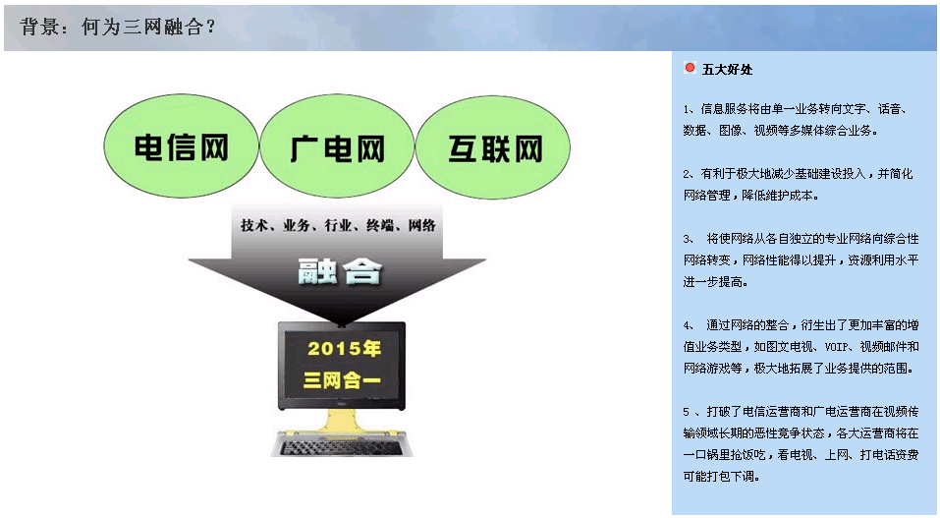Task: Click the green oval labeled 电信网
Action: (x=181, y=145)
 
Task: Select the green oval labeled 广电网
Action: (x=337, y=146)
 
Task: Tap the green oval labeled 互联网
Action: (x=493, y=147)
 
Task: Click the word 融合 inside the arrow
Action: (x=339, y=271)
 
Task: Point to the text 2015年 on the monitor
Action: (x=344, y=348)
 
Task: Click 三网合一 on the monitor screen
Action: (x=342, y=379)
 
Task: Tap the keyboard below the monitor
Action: (x=341, y=445)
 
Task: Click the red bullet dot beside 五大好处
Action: (x=690, y=68)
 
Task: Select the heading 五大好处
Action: (x=727, y=70)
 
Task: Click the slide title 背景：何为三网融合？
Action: (x=118, y=27)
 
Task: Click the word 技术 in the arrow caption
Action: (x=253, y=225)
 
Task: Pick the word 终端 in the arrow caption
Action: (x=380, y=225)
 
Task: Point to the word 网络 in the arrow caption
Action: (x=422, y=225)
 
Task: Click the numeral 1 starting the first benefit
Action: (x=687, y=109)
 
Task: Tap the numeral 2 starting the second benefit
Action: (x=687, y=174)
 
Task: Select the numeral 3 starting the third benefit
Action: (x=687, y=239)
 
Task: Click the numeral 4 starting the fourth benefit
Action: (x=687, y=325)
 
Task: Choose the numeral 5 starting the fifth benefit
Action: (x=687, y=412)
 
